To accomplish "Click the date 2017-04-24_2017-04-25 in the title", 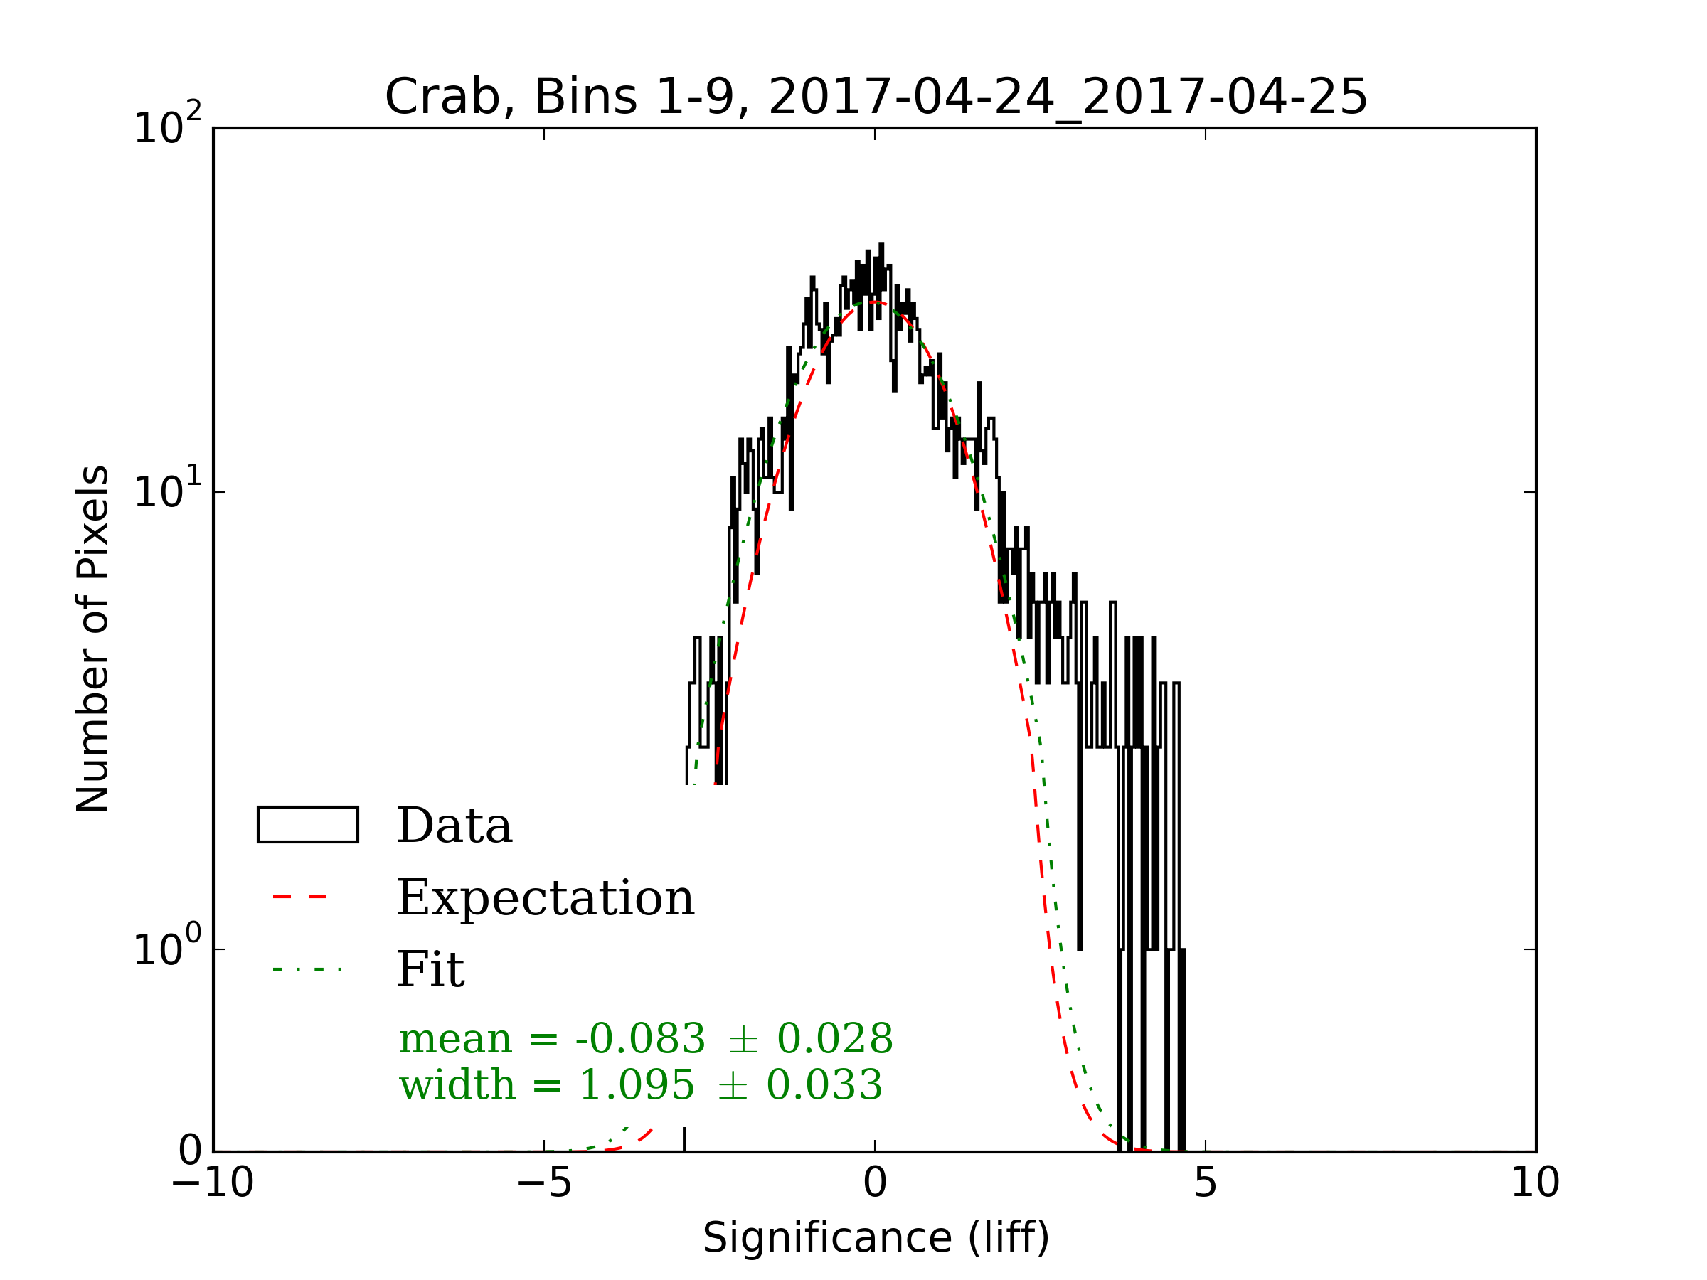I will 1068,97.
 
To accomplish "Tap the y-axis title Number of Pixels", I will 92,638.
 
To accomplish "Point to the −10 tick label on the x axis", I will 212,1182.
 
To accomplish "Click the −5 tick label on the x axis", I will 543,1182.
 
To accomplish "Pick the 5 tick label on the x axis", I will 1206,1182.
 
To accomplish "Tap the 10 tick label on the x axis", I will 1534,1182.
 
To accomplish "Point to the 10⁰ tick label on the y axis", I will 166,948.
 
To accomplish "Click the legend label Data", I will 454,826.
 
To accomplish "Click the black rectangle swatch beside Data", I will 307,825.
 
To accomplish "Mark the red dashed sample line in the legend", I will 300,897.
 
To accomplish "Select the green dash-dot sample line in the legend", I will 307,969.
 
